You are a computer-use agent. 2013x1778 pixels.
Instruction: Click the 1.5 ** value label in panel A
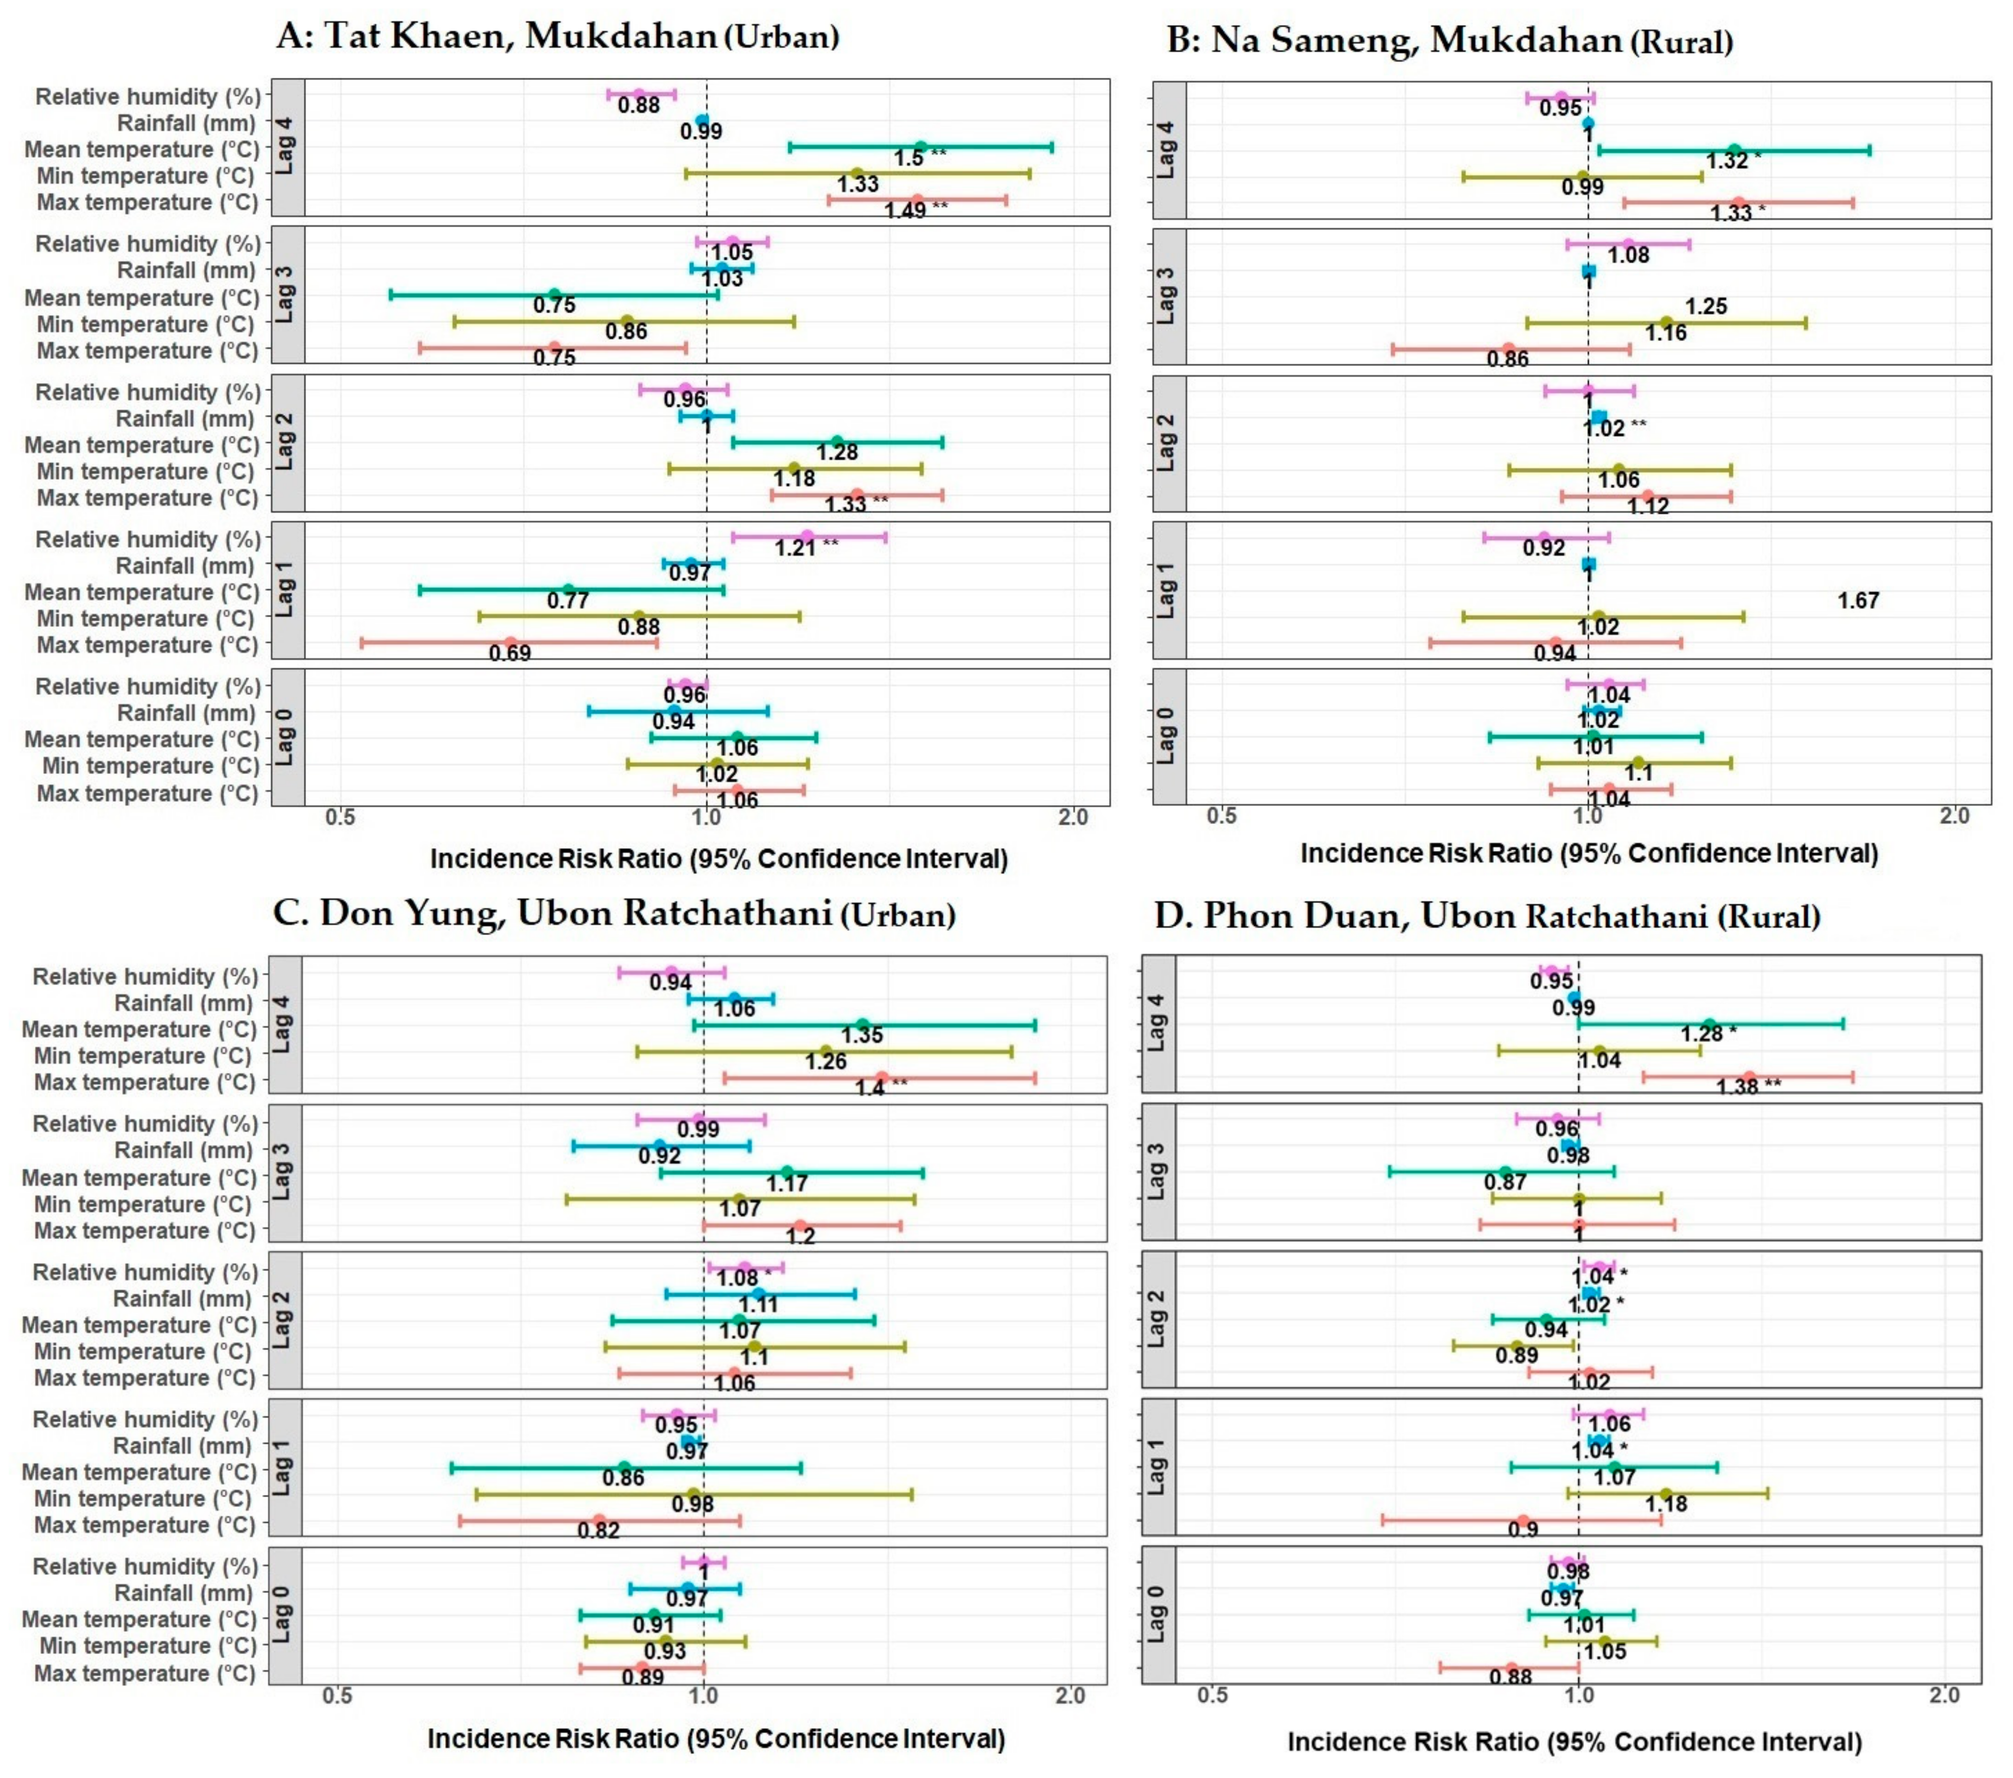(x=919, y=158)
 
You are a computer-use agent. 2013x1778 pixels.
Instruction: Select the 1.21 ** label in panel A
(x=805, y=548)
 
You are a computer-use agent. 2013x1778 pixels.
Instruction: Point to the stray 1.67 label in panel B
(x=1858, y=600)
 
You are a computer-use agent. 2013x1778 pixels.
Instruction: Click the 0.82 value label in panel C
(x=599, y=1530)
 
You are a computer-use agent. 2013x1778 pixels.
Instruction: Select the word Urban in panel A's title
(x=781, y=37)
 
